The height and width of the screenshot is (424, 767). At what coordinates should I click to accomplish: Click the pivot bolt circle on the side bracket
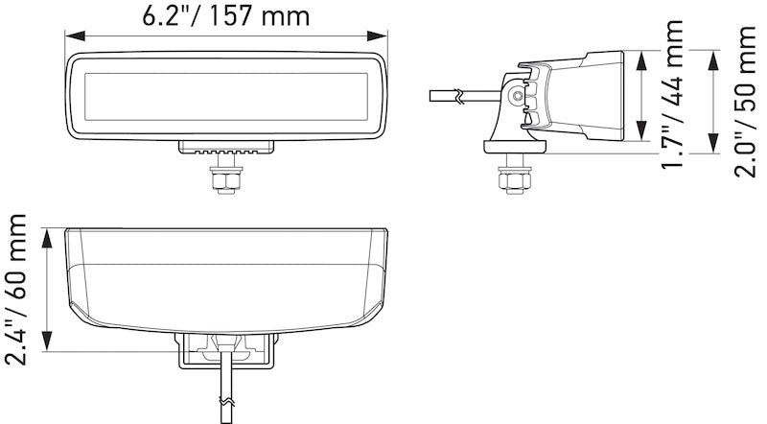click(518, 96)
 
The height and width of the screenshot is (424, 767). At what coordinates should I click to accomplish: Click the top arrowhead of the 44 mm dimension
click(640, 55)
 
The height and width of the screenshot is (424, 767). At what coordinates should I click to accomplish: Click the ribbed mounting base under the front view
click(226, 149)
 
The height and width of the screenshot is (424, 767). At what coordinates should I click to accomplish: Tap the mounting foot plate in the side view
click(514, 146)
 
